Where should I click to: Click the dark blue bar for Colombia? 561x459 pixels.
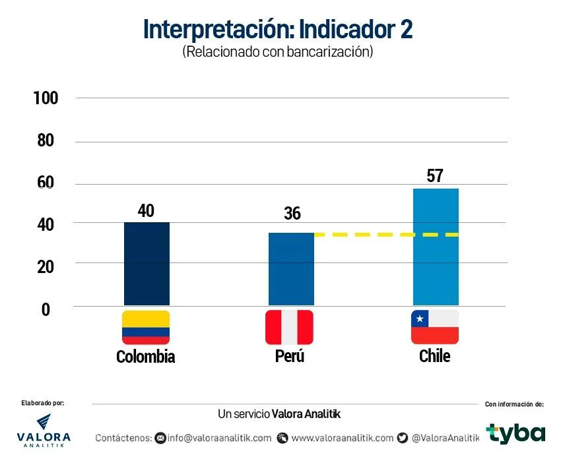(147, 264)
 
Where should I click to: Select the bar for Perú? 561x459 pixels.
(291, 269)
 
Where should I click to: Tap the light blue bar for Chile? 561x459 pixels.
(435, 247)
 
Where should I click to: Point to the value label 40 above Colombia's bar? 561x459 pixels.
(146, 210)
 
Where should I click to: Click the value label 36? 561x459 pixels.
(292, 214)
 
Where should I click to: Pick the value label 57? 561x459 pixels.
(434, 176)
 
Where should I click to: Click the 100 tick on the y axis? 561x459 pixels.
(46, 98)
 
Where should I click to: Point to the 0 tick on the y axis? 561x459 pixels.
(46, 309)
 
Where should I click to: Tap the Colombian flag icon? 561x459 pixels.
(146, 327)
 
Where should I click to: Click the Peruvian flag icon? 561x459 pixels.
(289, 327)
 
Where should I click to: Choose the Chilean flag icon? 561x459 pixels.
(435, 327)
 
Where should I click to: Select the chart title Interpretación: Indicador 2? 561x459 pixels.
(278, 30)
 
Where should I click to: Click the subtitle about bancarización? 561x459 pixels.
(278, 53)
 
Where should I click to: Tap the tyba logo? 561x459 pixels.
(516, 433)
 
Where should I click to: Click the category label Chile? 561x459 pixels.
(434, 356)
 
